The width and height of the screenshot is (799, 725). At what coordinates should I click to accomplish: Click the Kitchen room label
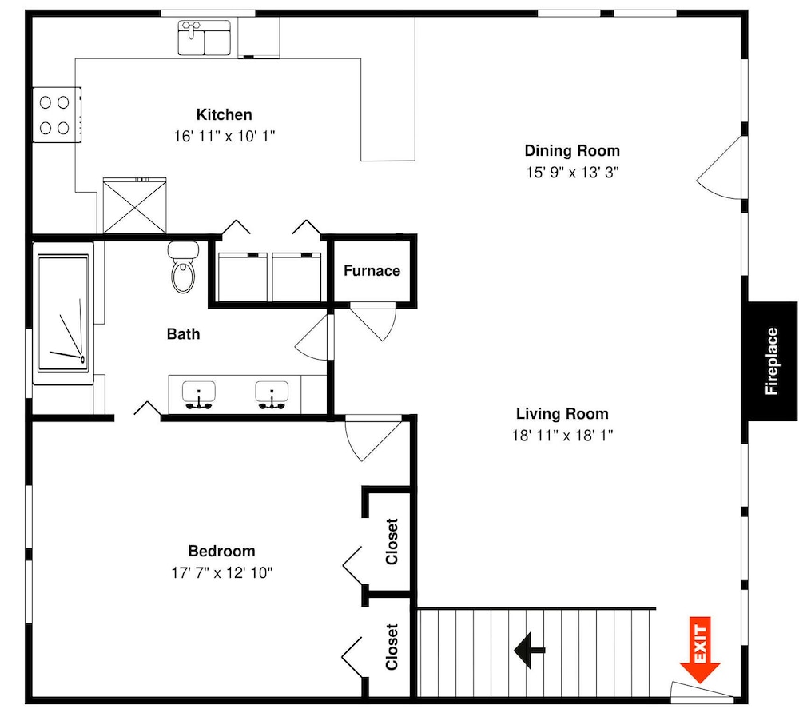(x=225, y=114)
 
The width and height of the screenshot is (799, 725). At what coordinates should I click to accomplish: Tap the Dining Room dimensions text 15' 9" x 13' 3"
(x=572, y=173)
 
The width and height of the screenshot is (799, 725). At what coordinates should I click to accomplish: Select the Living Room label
(x=562, y=413)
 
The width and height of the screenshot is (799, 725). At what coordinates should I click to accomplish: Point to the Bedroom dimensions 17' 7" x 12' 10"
(x=221, y=572)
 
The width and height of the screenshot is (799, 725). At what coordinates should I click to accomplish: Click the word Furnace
(x=372, y=271)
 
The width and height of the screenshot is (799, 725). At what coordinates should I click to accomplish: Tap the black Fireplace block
(x=772, y=361)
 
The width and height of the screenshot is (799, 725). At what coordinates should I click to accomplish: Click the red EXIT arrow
(x=700, y=650)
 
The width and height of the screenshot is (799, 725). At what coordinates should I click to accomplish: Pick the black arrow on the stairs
(x=530, y=650)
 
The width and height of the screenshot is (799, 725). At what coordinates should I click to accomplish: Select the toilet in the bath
(x=183, y=267)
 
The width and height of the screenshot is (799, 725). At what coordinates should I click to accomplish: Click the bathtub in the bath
(x=63, y=313)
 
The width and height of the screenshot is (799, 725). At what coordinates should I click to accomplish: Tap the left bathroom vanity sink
(x=199, y=395)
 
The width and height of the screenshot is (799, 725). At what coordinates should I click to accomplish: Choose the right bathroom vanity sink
(x=272, y=395)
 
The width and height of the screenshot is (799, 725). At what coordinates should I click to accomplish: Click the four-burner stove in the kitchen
(x=57, y=115)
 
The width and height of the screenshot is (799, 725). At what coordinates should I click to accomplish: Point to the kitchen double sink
(x=204, y=37)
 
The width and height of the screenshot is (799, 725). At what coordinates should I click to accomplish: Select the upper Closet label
(x=392, y=541)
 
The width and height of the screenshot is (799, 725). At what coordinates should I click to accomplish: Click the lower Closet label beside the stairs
(x=392, y=647)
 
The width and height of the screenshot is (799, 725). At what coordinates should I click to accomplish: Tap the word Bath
(x=184, y=334)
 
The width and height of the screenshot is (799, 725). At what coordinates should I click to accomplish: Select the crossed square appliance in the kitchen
(x=134, y=206)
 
